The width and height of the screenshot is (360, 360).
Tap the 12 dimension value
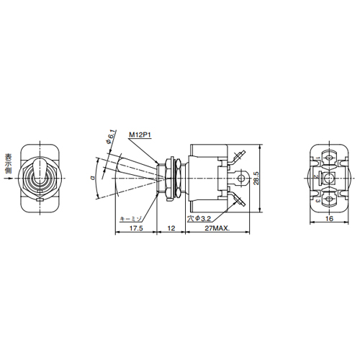(x=171, y=228)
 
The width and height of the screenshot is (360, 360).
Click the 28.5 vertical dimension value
(x=266, y=178)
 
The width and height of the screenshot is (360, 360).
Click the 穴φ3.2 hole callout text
(x=200, y=217)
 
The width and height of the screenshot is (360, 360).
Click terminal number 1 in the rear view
(x=318, y=158)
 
